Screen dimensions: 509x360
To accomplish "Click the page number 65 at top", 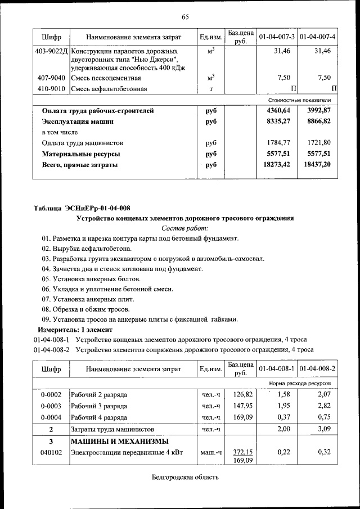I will pos(185,16).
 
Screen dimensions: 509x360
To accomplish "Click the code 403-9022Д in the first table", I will pos(51,51).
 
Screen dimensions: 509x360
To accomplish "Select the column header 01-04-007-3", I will pos(277,37).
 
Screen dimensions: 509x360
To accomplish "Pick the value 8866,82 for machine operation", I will pos(317,121).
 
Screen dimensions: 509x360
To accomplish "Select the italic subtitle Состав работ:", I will pos(185,228).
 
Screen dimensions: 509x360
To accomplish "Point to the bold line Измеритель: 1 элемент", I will pos(75,329).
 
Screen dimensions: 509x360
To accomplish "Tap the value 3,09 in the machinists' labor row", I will pos(323,429).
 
